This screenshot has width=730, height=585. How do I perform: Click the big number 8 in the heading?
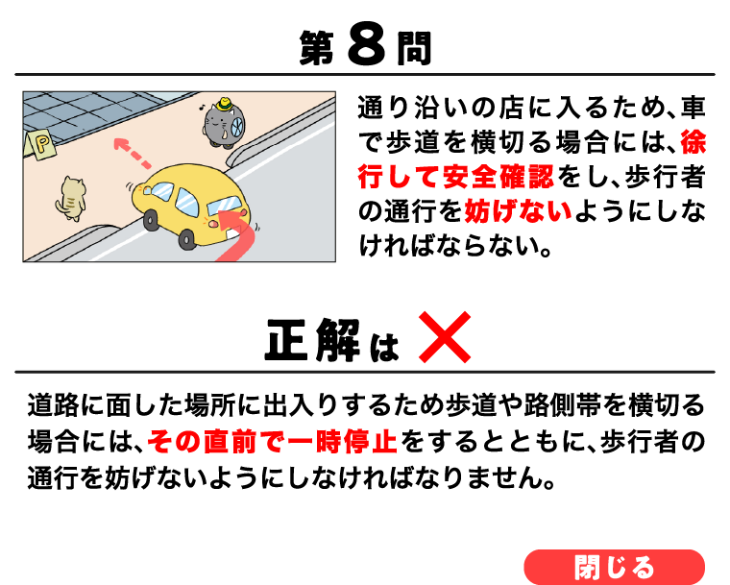(366, 47)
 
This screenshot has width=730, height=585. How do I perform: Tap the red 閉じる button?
(614, 567)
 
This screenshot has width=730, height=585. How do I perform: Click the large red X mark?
(445, 337)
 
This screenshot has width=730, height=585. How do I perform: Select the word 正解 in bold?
(312, 340)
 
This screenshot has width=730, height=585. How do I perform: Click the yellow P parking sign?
(40, 145)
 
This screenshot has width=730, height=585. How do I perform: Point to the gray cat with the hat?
(223, 123)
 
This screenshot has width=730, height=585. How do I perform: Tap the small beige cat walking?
(71, 199)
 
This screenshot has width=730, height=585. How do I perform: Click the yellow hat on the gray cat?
(225, 104)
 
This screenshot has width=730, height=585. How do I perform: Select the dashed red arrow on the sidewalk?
(132, 153)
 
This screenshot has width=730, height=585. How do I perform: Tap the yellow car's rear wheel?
(187, 239)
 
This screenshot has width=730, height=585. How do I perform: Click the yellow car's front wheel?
(151, 220)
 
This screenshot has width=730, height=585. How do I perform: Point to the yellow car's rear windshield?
(225, 206)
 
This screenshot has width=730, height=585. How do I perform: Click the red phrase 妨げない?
(518, 211)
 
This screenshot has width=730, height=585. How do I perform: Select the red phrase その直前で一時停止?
(273, 442)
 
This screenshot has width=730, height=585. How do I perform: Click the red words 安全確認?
(499, 177)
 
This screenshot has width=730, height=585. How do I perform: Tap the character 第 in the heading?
(317, 48)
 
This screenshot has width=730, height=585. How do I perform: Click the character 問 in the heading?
(414, 48)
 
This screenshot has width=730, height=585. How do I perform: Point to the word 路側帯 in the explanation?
(563, 404)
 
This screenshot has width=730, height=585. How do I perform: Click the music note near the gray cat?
(203, 108)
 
